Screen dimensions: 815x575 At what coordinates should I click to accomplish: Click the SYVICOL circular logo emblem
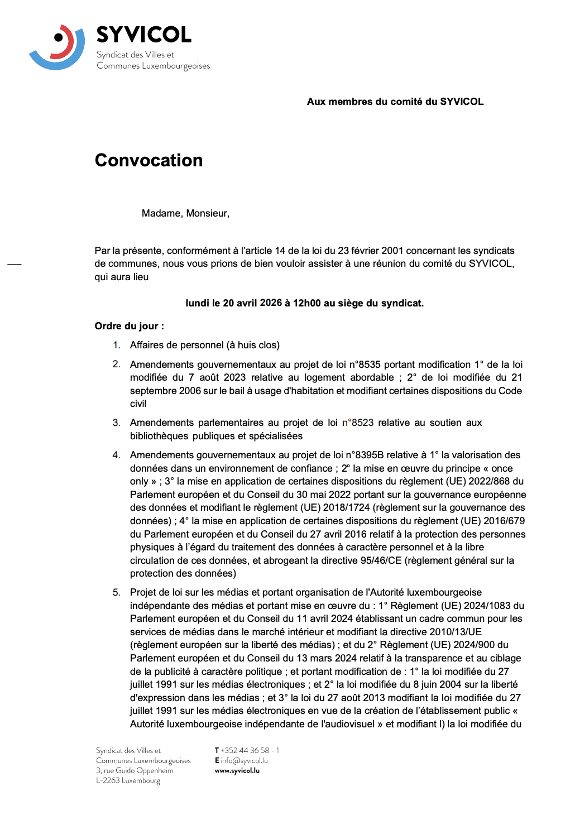point(57,47)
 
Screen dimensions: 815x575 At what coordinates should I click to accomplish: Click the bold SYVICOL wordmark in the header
point(143,35)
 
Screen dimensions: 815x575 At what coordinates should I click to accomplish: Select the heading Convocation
point(148,160)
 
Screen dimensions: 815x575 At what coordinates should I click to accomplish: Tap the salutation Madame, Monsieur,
point(185,213)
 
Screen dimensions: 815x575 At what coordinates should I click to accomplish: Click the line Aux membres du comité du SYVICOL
point(395,102)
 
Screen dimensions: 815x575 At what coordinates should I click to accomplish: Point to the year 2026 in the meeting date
point(271,303)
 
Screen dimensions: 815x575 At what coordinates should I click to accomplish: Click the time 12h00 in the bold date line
point(307,303)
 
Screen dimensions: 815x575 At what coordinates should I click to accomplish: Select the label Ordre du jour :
point(130,326)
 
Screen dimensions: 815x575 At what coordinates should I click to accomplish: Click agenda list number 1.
point(116,345)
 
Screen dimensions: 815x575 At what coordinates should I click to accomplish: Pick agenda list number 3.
point(116,423)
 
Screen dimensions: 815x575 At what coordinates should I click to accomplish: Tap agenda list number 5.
point(116,592)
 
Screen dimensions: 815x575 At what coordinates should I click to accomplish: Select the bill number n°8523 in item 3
point(358,423)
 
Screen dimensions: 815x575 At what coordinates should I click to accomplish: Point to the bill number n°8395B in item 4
point(367,455)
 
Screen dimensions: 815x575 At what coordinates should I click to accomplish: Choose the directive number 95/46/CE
point(381,560)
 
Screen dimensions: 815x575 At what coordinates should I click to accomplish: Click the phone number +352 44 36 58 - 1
point(250,750)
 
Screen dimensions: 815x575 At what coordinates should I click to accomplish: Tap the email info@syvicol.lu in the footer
point(244,760)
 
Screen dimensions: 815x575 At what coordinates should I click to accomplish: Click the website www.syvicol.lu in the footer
point(237,770)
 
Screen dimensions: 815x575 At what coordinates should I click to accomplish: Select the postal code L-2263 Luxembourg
point(128,780)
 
